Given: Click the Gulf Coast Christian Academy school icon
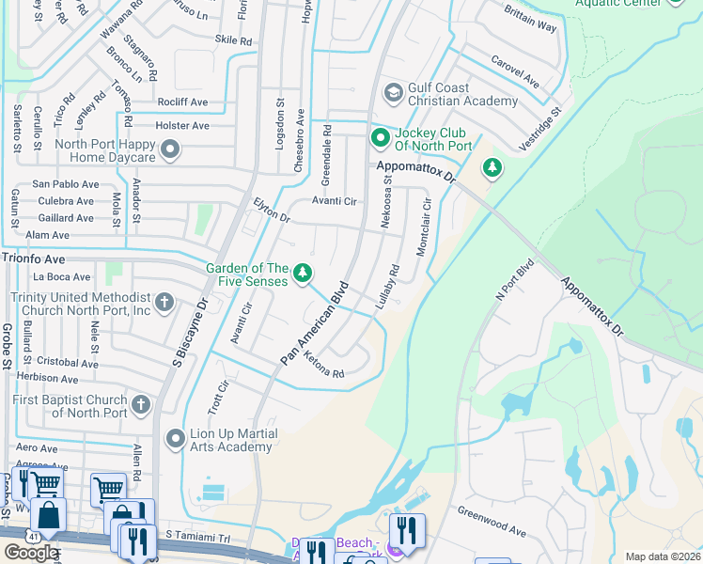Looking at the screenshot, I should (392, 92).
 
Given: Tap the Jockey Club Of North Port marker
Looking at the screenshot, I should (381, 139).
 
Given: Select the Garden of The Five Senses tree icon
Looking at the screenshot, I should (302, 273).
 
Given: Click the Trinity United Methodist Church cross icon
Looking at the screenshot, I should (164, 302).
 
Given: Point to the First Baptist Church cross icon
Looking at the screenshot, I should (140, 405).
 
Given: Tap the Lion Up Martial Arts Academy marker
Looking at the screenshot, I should (175, 438).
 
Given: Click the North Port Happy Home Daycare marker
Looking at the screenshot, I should (170, 149).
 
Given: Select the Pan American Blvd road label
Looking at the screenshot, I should (314, 324).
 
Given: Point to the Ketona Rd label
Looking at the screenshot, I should (324, 366).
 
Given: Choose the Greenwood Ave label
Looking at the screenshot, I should (492, 521).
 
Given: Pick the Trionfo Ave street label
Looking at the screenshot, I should (34, 258).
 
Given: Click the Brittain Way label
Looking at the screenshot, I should (530, 29).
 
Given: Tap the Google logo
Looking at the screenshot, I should (31, 553).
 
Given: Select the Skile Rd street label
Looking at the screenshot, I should (234, 40).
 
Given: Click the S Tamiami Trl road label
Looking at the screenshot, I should (197, 534).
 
